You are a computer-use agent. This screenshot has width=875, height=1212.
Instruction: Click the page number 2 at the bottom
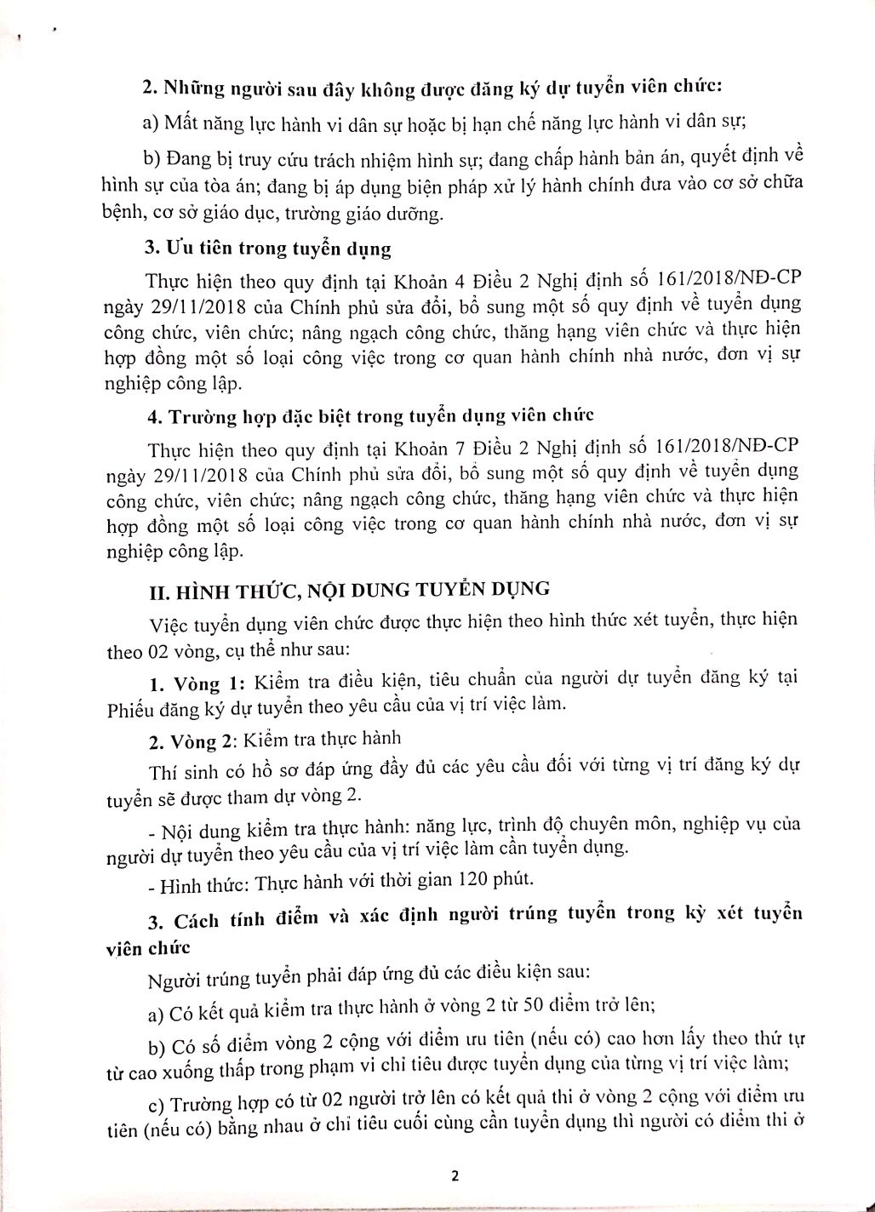tap(455, 1177)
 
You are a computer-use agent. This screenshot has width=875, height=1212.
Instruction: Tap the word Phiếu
tap(130, 705)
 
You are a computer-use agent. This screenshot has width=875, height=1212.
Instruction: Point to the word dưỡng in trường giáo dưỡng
tap(418, 214)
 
